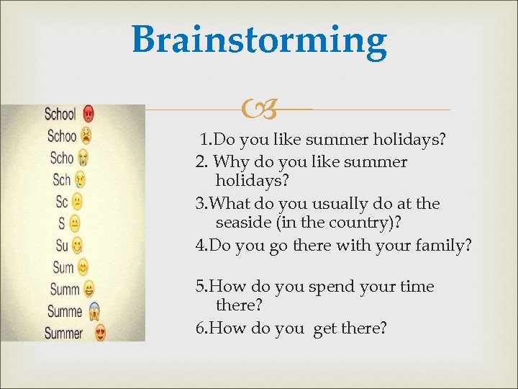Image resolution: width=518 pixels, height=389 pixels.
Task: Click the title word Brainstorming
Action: click(259, 40)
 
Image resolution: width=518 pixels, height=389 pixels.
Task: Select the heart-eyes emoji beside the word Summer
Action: click(100, 334)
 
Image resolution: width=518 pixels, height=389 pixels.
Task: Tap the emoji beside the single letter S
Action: click(75, 223)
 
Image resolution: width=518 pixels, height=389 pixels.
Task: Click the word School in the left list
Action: click(60, 114)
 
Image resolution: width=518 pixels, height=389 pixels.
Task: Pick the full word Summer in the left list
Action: click(63, 334)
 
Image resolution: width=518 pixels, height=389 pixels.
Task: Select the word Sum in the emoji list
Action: click(63, 268)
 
